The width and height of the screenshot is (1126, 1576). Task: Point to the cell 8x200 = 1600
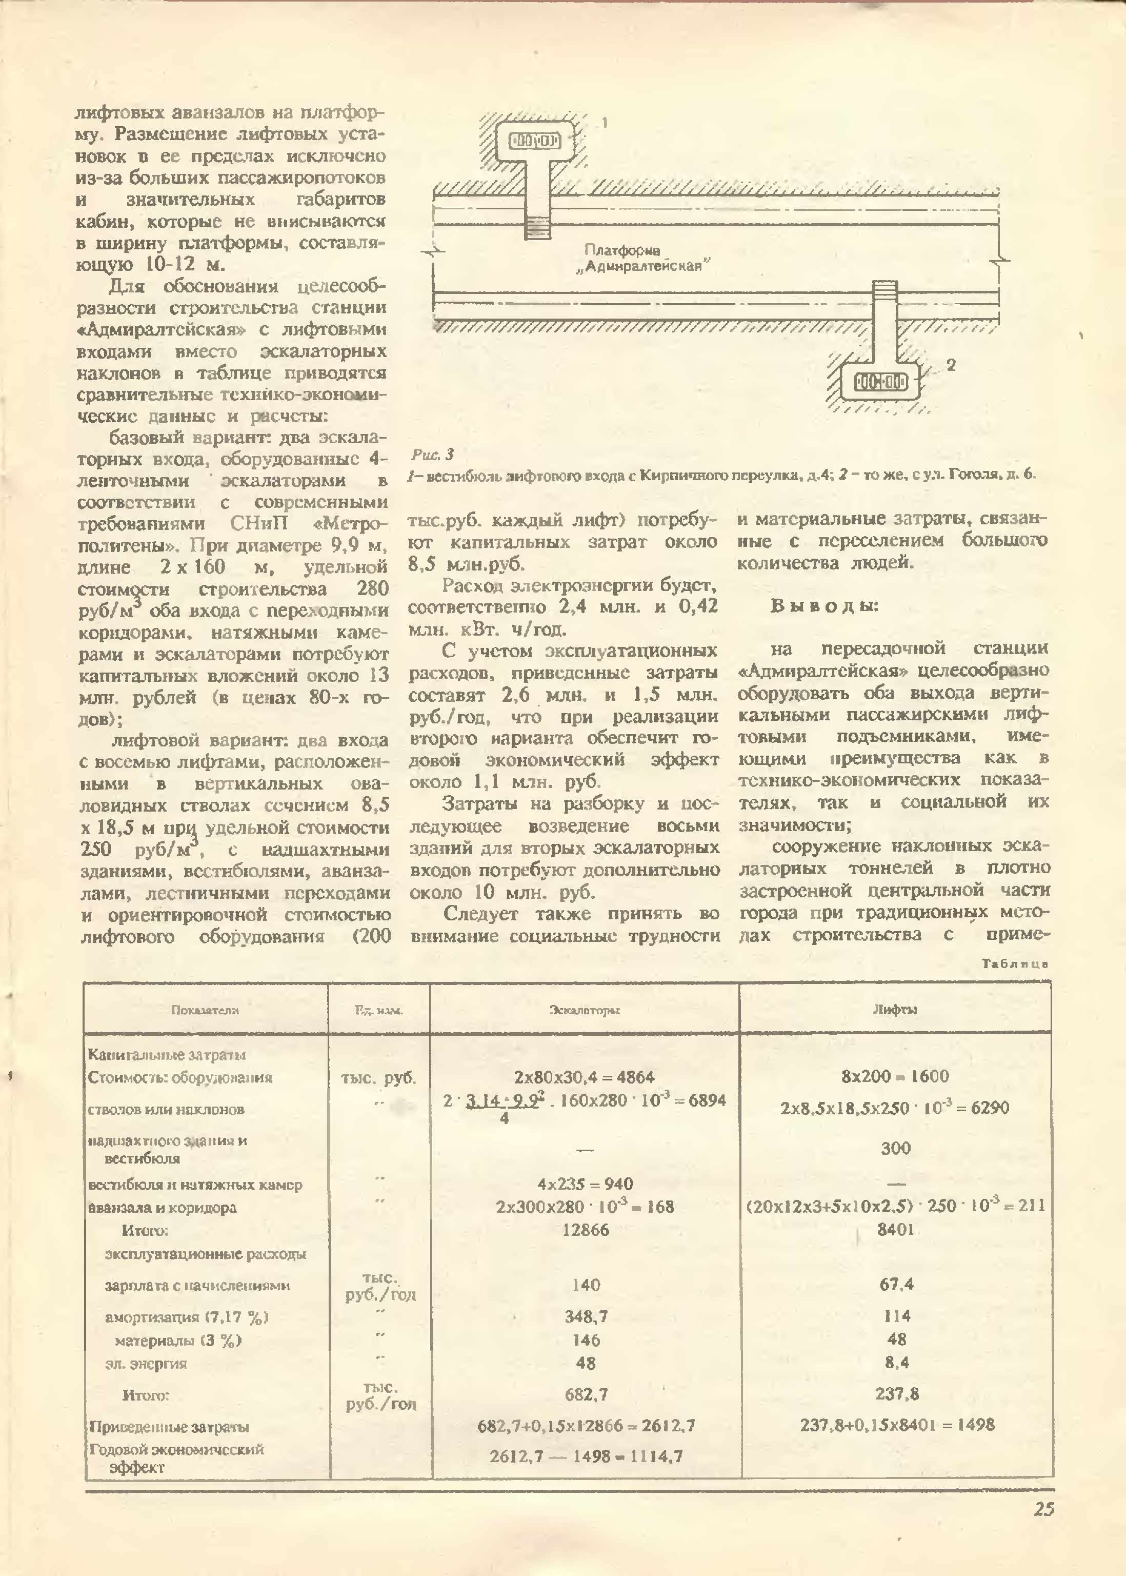click(x=895, y=1076)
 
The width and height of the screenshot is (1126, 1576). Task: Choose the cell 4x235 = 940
click(x=585, y=1184)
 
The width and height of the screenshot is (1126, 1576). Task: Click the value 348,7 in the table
click(x=586, y=1316)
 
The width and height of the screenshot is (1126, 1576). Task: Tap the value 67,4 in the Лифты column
click(x=896, y=1285)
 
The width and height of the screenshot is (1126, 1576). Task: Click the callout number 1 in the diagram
click(x=605, y=123)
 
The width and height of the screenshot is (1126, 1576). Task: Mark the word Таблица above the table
click(x=1014, y=963)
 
